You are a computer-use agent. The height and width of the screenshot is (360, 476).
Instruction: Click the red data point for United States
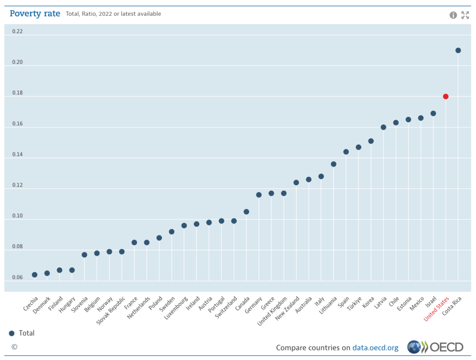click(x=446, y=96)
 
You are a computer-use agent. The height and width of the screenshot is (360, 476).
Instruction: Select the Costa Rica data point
click(x=458, y=50)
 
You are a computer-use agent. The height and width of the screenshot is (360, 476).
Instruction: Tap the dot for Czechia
click(x=34, y=275)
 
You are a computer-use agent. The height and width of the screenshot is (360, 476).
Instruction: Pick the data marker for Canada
click(x=246, y=212)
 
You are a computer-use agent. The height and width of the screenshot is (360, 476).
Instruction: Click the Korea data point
click(x=371, y=141)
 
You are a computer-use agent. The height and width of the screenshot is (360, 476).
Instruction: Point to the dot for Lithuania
click(x=333, y=164)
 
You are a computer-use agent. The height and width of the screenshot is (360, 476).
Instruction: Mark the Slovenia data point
click(x=84, y=255)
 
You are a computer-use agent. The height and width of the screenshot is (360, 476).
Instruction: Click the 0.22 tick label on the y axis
click(x=17, y=32)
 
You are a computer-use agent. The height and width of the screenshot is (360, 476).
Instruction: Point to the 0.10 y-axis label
click(x=17, y=216)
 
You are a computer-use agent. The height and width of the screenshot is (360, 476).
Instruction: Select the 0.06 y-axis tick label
click(x=17, y=278)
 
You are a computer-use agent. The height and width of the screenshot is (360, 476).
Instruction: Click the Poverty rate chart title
click(x=35, y=13)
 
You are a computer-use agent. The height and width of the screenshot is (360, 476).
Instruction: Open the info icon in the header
click(x=453, y=15)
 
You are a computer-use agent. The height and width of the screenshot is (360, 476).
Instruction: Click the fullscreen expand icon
click(x=465, y=15)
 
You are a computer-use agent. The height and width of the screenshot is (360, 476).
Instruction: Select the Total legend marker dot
click(x=12, y=333)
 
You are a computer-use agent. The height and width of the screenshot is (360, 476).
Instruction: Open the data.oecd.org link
click(x=375, y=347)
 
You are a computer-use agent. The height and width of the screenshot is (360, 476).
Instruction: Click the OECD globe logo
click(x=414, y=347)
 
